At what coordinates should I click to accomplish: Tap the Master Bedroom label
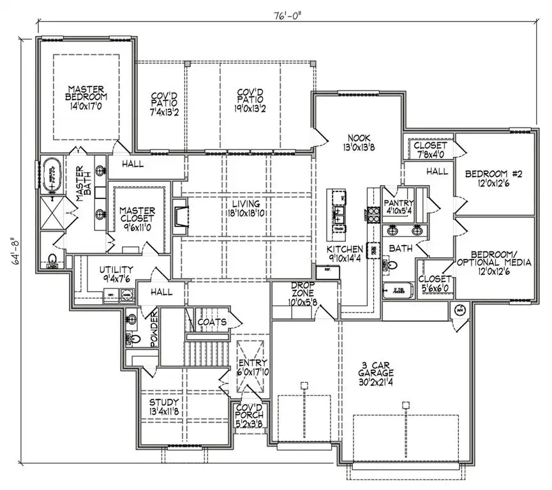coord(87,93)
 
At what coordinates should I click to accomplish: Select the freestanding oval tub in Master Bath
coord(52,175)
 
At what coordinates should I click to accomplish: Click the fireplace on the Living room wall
coord(181,212)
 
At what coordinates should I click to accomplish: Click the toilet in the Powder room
coord(131,320)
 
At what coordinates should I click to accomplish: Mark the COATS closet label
coord(212,322)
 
